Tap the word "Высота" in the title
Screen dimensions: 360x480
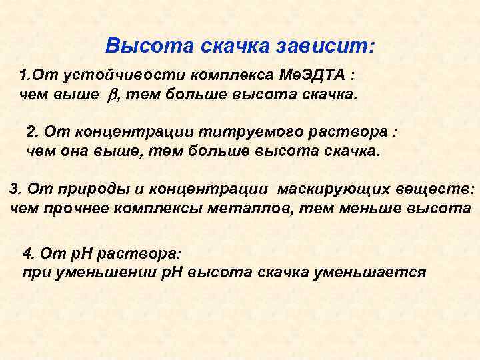click(x=139, y=47)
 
